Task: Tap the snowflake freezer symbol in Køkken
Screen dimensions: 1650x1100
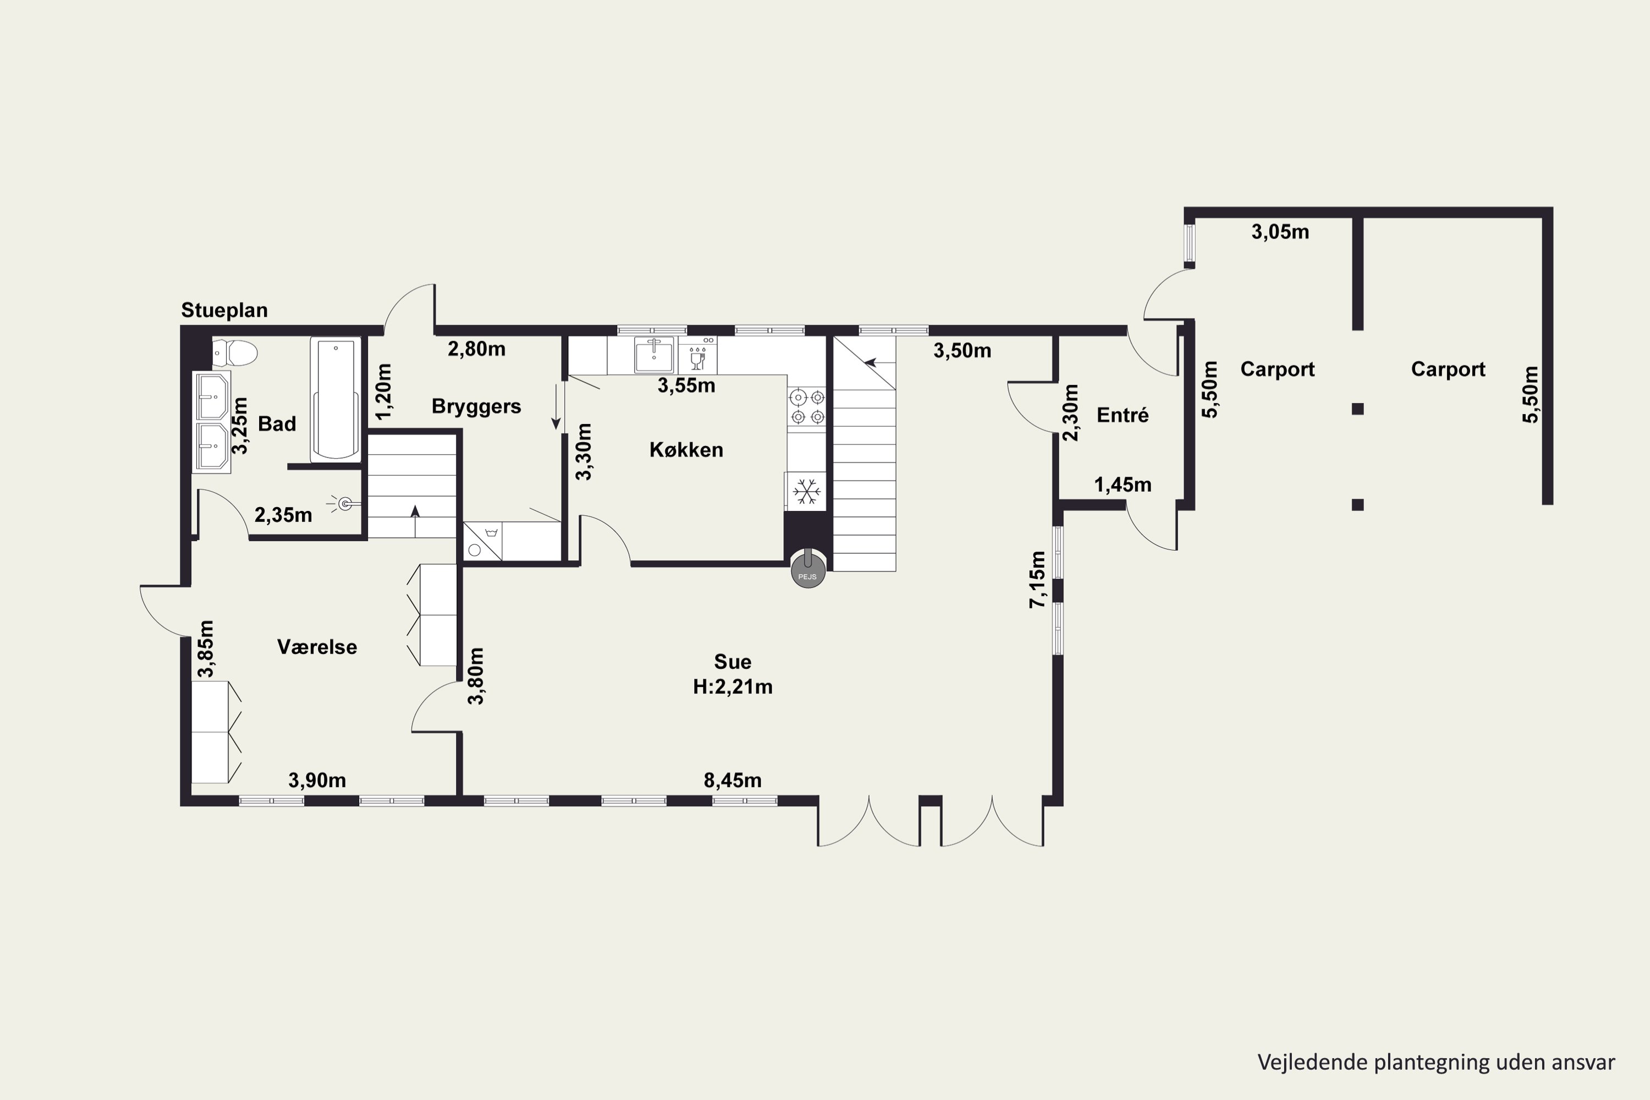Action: tap(807, 491)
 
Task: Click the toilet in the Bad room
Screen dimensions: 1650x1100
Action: tap(235, 353)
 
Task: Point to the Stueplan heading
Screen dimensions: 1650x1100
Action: tap(224, 310)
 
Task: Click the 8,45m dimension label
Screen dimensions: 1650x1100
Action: tap(733, 780)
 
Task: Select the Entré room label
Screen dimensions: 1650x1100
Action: tap(1123, 415)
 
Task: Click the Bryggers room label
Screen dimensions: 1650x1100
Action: tap(476, 407)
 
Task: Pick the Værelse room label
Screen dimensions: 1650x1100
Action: tap(317, 647)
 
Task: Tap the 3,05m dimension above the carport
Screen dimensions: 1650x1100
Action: tap(1280, 232)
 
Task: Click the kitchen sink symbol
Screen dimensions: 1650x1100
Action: tap(654, 355)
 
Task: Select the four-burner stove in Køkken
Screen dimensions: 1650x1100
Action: tap(807, 408)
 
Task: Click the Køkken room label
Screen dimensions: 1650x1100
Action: tap(686, 450)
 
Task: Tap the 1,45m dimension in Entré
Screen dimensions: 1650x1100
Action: tap(1123, 485)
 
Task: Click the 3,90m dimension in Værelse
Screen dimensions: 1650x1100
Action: tap(317, 780)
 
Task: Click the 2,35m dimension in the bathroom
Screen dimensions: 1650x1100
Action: tap(283, 515)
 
